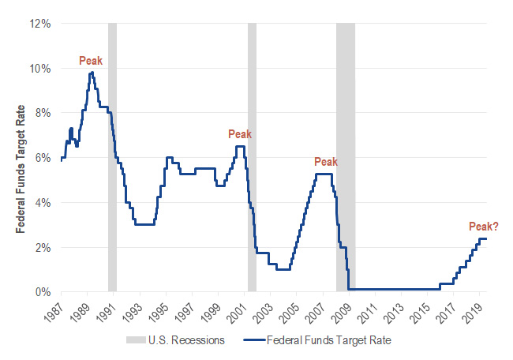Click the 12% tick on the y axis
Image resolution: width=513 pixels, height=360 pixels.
(40, 24)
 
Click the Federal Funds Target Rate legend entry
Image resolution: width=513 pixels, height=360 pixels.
(323, 341)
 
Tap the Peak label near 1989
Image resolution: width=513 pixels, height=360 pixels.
(91, 60)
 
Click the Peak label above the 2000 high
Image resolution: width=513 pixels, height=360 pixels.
(239, 134)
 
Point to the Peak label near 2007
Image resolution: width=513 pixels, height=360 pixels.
(326, 162)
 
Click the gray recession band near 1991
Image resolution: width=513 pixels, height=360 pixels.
(112, 158)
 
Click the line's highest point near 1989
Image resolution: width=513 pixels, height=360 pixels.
(92, 73)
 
